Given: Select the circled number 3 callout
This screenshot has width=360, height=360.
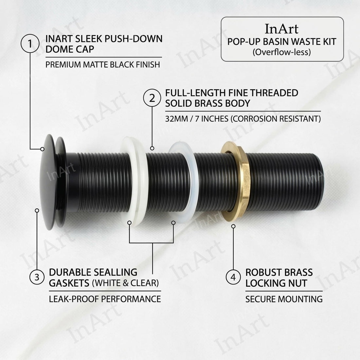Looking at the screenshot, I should tap(37, 278).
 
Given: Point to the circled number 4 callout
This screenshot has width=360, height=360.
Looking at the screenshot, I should tap(233, 278).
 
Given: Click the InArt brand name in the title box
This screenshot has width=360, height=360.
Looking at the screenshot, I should tap(282, 29).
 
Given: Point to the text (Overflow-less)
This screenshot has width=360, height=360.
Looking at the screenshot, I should tap(282, 52).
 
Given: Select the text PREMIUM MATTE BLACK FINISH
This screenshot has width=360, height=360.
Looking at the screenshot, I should tap(103, 64).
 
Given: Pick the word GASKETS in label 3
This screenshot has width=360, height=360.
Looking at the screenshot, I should tap(69, 283).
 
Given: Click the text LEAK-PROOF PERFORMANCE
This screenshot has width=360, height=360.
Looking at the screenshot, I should tap(105, 299).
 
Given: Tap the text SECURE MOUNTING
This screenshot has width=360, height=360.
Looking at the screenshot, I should tap(284, 299).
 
